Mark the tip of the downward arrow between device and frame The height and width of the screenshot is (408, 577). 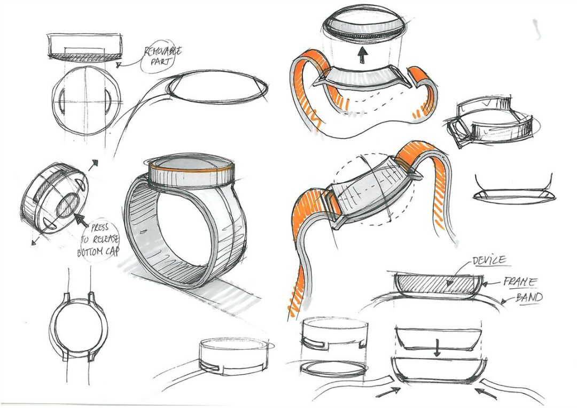437,357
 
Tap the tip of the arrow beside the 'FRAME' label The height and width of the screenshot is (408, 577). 482,284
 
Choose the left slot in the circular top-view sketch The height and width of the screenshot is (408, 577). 62,101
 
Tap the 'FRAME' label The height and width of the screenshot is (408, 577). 520,282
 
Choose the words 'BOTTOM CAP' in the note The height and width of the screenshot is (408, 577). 98,252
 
